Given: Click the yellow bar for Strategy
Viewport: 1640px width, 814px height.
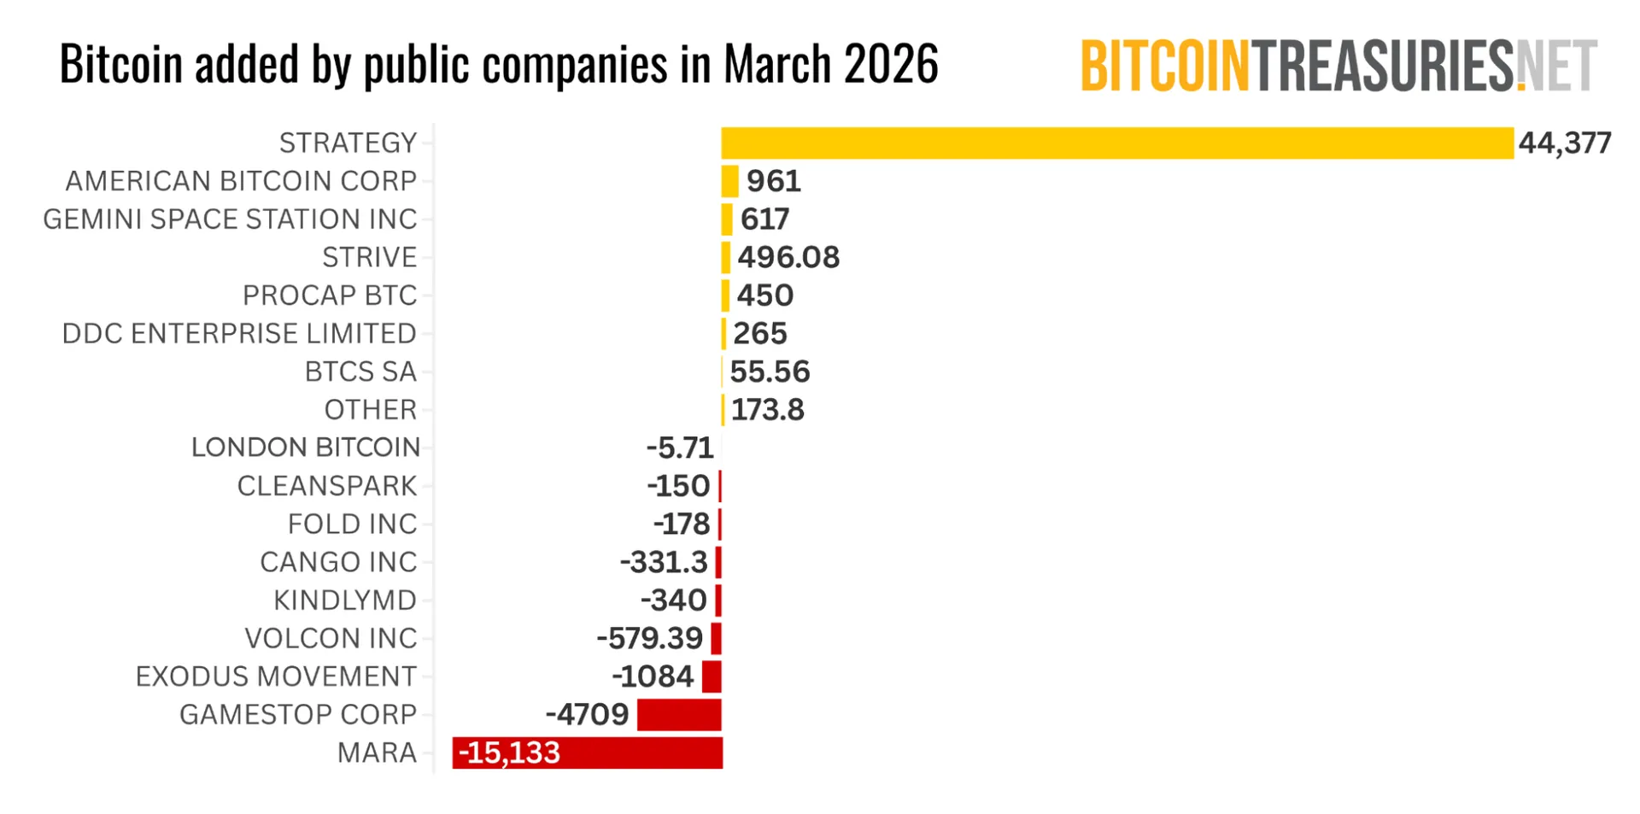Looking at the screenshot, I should [1116, 143].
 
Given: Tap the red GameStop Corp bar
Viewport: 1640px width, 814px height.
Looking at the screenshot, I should [679, 714].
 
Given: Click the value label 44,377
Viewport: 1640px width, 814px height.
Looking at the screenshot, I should [1565, 143].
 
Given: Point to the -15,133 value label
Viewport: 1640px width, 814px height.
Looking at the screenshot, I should [509, 753].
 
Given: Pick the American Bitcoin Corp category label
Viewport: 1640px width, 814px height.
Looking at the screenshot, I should [241, 181].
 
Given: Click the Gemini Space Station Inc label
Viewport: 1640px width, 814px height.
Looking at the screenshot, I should [230, 220].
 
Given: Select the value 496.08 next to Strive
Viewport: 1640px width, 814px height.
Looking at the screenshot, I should [788, 257].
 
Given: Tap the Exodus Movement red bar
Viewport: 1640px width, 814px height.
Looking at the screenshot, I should [712, 676].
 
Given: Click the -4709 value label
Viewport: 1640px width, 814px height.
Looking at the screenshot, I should [587, 714].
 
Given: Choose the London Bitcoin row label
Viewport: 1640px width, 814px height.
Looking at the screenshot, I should [305, 448].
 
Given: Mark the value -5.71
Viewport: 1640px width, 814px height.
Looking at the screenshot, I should [679, 448].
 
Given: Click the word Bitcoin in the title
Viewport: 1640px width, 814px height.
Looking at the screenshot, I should [121, 64].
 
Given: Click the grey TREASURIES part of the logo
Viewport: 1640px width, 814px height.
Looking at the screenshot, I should [1383, 66].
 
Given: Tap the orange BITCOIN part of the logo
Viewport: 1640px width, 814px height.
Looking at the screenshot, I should [1164, 66].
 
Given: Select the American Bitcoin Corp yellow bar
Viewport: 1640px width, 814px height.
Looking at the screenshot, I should [729, 181].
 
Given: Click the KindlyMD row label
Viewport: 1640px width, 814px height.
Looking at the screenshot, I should [344, 600].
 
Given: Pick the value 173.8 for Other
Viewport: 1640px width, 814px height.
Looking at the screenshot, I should [767, 410].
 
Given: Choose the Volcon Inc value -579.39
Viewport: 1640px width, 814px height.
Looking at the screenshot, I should [649, 638].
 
